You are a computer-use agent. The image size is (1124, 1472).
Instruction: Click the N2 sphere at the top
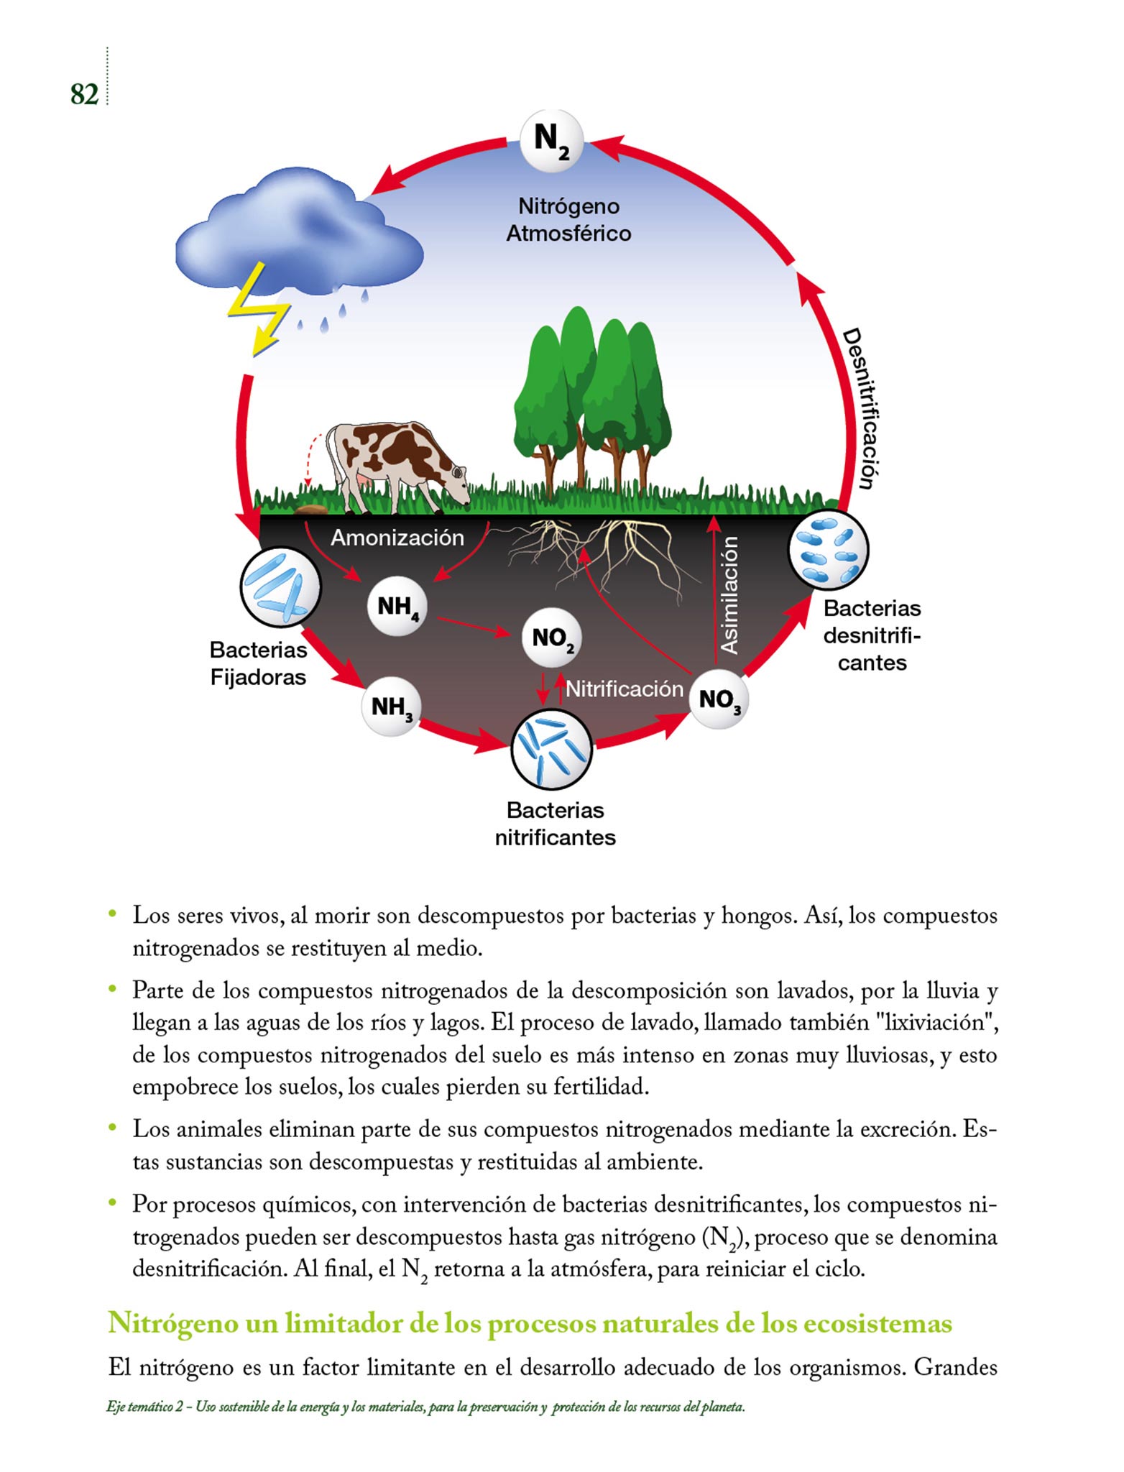click(551, 141)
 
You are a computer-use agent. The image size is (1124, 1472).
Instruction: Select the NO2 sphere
click(551, 638)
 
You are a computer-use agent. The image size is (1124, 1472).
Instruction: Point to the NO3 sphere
click(719, 699)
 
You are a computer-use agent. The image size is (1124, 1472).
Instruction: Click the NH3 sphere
click(391, 707)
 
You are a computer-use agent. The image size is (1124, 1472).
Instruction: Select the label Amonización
click(397, 538)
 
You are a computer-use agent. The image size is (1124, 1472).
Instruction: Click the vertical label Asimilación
click(729, 595)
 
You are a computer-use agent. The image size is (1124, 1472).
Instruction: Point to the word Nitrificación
click(624, 689)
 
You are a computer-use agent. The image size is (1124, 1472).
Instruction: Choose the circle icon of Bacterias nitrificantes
click(551, 750)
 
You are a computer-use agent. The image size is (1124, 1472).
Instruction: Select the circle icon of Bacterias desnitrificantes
click(828, 551)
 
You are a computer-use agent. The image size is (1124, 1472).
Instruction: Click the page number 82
click(84, 94)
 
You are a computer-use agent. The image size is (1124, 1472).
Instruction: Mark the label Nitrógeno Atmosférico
click(568, 219)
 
